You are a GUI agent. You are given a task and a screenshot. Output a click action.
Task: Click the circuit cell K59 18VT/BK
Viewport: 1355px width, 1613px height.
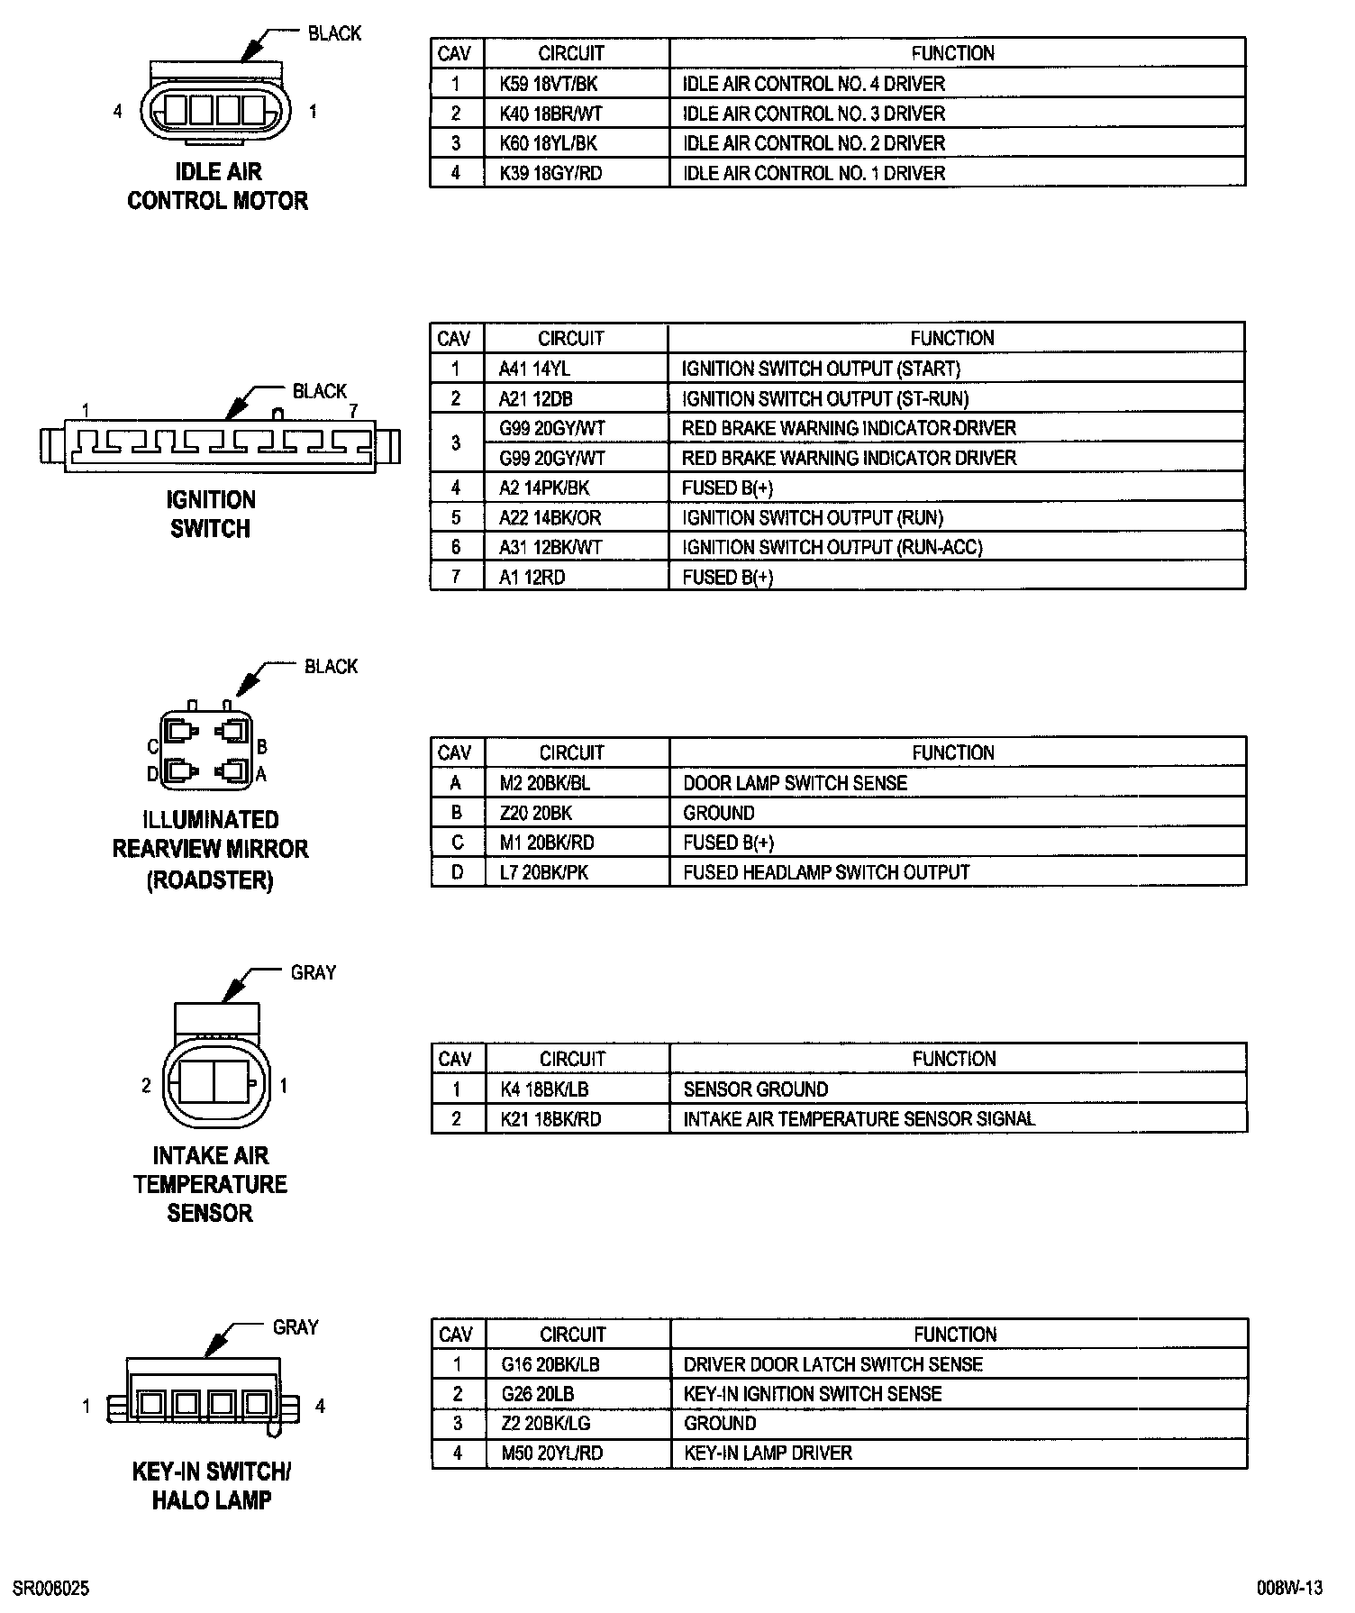[x=549, y=84]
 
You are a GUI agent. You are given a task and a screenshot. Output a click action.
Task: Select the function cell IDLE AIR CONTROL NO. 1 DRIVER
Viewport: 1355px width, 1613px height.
[x=814, y=173]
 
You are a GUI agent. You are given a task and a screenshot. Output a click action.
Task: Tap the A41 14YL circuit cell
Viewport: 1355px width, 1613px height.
[x=534, y=369]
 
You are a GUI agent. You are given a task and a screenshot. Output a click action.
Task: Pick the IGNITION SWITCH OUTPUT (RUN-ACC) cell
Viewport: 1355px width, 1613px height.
[x=832, y=547]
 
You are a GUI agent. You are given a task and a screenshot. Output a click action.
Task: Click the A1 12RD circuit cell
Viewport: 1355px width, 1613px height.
[x=532, y=578]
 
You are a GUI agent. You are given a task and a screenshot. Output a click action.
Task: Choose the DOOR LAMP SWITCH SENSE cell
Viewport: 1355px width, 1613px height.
[x=795, y=783]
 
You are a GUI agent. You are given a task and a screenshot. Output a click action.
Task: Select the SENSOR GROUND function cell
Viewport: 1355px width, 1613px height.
[x=755, y=1089]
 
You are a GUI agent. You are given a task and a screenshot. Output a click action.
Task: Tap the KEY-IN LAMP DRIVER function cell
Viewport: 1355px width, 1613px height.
[x=768, y=1453]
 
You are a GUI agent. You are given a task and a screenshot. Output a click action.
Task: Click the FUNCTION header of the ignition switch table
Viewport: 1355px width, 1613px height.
[x=952, y=339]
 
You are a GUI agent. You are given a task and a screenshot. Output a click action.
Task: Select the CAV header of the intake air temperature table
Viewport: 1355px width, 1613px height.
[x=455, y=1059]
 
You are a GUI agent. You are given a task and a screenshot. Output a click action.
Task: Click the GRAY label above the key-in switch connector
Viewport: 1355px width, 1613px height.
[x=296, y=1327]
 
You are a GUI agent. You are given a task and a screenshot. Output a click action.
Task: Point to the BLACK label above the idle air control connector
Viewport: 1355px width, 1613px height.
[x=334, y=33]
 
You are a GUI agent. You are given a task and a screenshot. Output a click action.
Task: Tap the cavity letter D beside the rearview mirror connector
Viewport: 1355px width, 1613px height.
[x=152, y=774]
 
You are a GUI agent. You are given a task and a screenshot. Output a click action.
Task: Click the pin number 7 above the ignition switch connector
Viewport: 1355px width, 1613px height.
[x=353, y=411]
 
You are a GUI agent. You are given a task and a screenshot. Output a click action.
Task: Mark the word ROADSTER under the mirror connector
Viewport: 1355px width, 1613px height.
[x=210, y=879]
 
